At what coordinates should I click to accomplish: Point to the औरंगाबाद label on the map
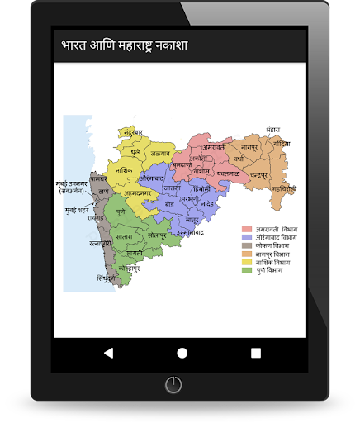[154, 178]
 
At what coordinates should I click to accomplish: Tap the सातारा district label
[124, 236]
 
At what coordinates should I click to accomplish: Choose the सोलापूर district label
[158, 235]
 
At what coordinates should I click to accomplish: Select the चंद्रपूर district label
[261, 176]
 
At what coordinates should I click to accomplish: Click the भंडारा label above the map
[273, 130]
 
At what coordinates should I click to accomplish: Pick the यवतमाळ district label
[223, 173]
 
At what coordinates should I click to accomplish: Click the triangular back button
[108, 352]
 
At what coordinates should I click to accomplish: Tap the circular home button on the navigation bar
[182, 352]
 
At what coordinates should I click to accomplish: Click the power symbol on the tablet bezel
[173, 384]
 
